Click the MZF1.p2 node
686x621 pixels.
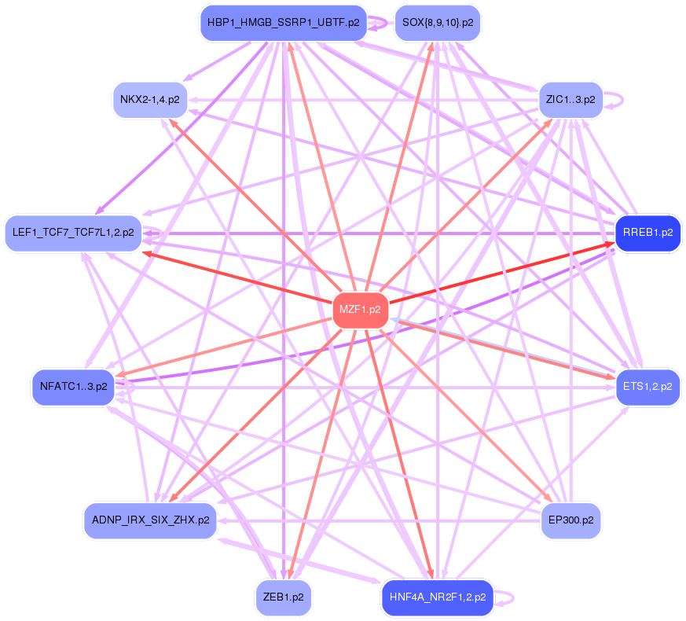click(360, 309)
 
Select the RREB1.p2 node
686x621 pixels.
click(647, 233)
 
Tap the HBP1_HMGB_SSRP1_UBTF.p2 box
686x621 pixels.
click(283, 22)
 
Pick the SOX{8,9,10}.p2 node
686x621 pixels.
click(437, 22)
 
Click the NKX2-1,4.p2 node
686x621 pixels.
click(149, 100)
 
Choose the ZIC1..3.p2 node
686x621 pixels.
click(570, 100)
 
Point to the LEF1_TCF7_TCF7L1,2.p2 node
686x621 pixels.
click(72, 233)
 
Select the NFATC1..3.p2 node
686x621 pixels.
click(73, 386)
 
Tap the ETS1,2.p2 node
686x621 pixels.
click(647, 386)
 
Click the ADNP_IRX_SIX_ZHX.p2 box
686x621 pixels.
click(150, 520)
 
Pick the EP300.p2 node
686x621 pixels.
click(570, 520)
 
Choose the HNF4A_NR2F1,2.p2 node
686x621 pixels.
click(437, 597)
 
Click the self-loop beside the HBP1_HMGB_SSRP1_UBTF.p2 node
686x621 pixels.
click(383, 23)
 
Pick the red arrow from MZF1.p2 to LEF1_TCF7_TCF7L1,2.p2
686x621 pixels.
click(236, 277)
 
